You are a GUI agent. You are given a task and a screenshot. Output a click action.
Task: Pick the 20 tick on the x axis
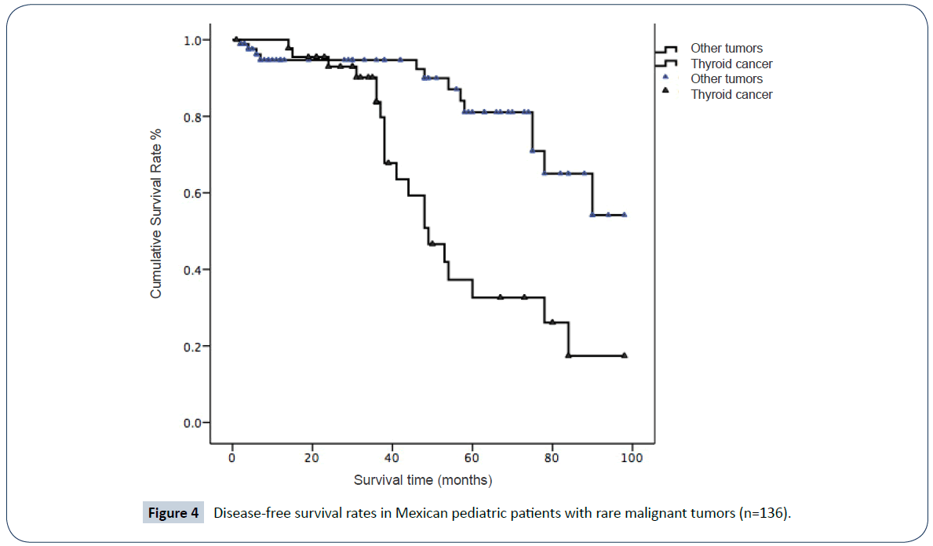tap(312, 457)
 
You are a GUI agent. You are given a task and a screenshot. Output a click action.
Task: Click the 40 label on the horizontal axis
tap(392, 457)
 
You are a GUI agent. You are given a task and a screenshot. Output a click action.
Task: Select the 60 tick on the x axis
tap(472, 457)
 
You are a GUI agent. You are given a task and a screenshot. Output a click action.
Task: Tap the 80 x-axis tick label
tap(552, 457)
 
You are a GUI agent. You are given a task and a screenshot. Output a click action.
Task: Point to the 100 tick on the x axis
tap(632, 457)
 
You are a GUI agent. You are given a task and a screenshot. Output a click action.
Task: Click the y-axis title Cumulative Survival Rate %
tap(156, 213)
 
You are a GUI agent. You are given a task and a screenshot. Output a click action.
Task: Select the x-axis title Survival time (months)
tap(423, 479)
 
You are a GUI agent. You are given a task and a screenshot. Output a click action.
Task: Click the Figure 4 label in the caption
tap(173, 514)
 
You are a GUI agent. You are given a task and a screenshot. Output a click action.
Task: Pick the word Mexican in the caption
tap(417, 514)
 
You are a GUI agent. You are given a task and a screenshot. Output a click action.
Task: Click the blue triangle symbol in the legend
tap(665, 77)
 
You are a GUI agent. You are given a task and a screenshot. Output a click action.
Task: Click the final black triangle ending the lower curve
tap(625, 355)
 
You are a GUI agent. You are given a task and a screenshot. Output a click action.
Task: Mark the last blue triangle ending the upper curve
tap(625, 214)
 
